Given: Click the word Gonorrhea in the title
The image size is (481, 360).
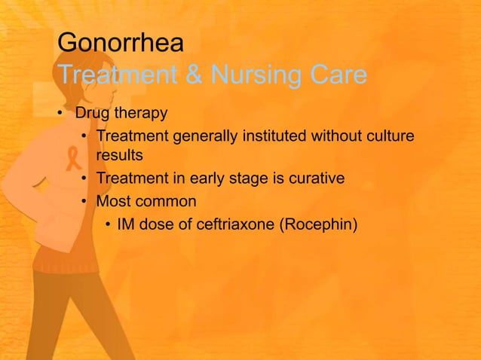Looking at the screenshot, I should (x=120, y=43).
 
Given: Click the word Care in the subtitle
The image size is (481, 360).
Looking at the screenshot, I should (x=336, y=75).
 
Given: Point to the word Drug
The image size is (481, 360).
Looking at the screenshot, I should (x=90, y=114).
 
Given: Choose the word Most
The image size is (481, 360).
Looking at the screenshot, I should (x=112, y=201).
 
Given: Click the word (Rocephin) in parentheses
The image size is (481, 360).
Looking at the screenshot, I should (x=317, y=224).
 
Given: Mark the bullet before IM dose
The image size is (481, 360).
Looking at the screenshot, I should (x=108, y=225).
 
